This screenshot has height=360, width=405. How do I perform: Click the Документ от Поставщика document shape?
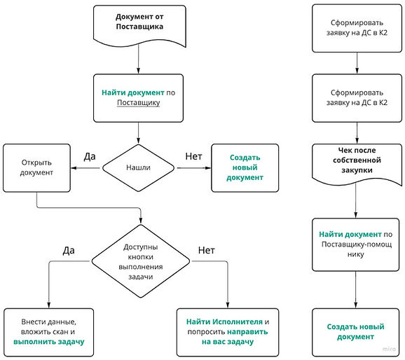pyautogui.click(x=139, y=26)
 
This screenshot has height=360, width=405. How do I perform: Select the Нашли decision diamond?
pyautogui.click(x=139, y=168)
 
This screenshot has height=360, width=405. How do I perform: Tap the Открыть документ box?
pyautogui.click(x=36, y=168)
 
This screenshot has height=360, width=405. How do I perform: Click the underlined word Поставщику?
pyautogui.click(x=139, y=102)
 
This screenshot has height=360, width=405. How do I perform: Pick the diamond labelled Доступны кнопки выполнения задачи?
pyautogui.click(x=141, y=261)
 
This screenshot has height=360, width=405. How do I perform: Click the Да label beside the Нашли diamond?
pyautogui.click(x=90, y=156)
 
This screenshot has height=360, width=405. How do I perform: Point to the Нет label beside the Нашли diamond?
pyautogui.click(x=193, y=156)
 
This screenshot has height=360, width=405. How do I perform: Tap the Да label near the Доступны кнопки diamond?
pyautogui.click(x=69, y=250)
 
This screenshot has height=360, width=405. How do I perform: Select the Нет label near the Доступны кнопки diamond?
pyautogui.click(x=207, y=250)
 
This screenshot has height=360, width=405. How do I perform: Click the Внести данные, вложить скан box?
pyautogui.click(x=49, y=332)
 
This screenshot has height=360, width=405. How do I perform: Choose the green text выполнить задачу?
pyautogui.click(x=49, y=342)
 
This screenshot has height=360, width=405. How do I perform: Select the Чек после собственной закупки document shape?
pyautogui.click(x=357, y=165)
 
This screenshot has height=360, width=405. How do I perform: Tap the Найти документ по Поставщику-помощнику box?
pyautogui.click(x=356, y=244)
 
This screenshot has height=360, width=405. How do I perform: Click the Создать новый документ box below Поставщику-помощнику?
pyautogui.click(x=356, y=332)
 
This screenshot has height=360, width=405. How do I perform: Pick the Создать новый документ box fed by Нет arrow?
pyautogui.click(x=245, y=168)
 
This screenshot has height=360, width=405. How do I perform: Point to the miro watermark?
pyautogui.click(x=389, y=349)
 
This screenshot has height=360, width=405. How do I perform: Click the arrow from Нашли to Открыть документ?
pyautogui.click(x=85, y=168)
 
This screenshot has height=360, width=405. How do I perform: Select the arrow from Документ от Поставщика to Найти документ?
pyautogui.click(x=139, y=59)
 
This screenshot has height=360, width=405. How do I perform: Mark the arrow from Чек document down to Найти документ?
pyautogui.click(x=356, y=200)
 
